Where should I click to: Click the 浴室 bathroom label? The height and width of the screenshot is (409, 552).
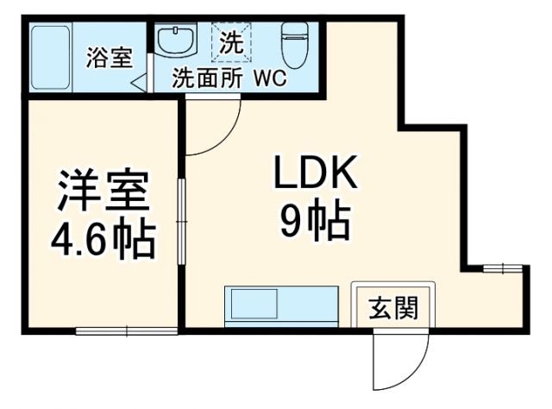[110, 59]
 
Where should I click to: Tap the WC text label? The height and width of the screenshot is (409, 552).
[270, 79]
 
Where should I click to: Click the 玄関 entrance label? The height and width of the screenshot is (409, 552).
[394, 308]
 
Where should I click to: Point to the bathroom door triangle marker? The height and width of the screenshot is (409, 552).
[138, 84]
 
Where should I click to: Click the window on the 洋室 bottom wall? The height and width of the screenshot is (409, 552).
[126, 330]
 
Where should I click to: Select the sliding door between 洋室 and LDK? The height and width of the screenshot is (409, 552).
[181, 222]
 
